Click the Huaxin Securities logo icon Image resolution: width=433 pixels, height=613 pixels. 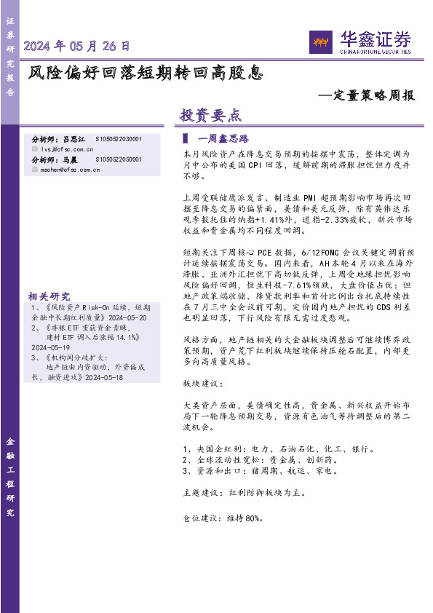pyautogui.click(x=320, y=42)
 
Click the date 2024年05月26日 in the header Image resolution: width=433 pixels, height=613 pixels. pyautogui.click(x=77, y=46)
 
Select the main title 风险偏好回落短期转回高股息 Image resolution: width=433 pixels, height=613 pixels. pyautogui.click(x=145, y=73)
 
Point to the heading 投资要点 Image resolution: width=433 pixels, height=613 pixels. pyautogui.click(x=210, y=115)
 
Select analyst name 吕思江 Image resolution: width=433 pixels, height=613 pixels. pyautogui.click(x=74, y=138)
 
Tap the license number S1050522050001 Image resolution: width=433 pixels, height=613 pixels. pyautogui.click(x=119, y=159)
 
